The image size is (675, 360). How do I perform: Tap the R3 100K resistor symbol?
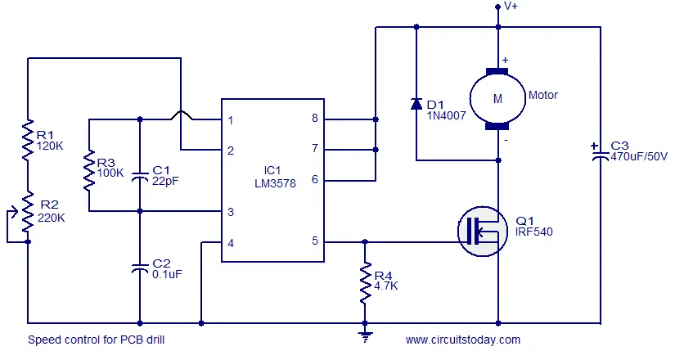click(x=89, y=170)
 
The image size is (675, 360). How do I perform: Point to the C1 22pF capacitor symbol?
click(x=139, y=175)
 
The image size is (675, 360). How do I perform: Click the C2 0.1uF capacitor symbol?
click(x=139, y=268)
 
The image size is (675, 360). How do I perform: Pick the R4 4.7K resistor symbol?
click(x=365, y=282)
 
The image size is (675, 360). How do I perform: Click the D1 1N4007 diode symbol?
click(x=416, y=104)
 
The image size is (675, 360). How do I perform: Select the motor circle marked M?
click(x=497, y=99)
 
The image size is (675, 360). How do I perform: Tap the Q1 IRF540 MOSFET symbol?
click(x=483, y=232)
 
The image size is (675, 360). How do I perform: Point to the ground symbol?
click(x=365, y=336)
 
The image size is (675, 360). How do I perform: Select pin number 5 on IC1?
click(x=315, y=241)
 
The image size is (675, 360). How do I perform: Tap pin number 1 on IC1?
click(x=231, y=120)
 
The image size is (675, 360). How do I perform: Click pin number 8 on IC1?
click(x=315, y=118)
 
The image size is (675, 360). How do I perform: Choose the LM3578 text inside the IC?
click(x=275, y=183)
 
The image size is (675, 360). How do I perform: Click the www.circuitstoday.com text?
click(x=463, y=340)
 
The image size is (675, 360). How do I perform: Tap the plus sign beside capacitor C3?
click(x=595, y=146)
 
